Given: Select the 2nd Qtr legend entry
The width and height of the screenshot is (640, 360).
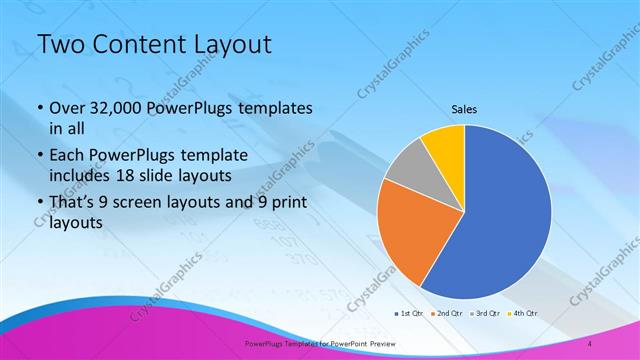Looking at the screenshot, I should point(447,313).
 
